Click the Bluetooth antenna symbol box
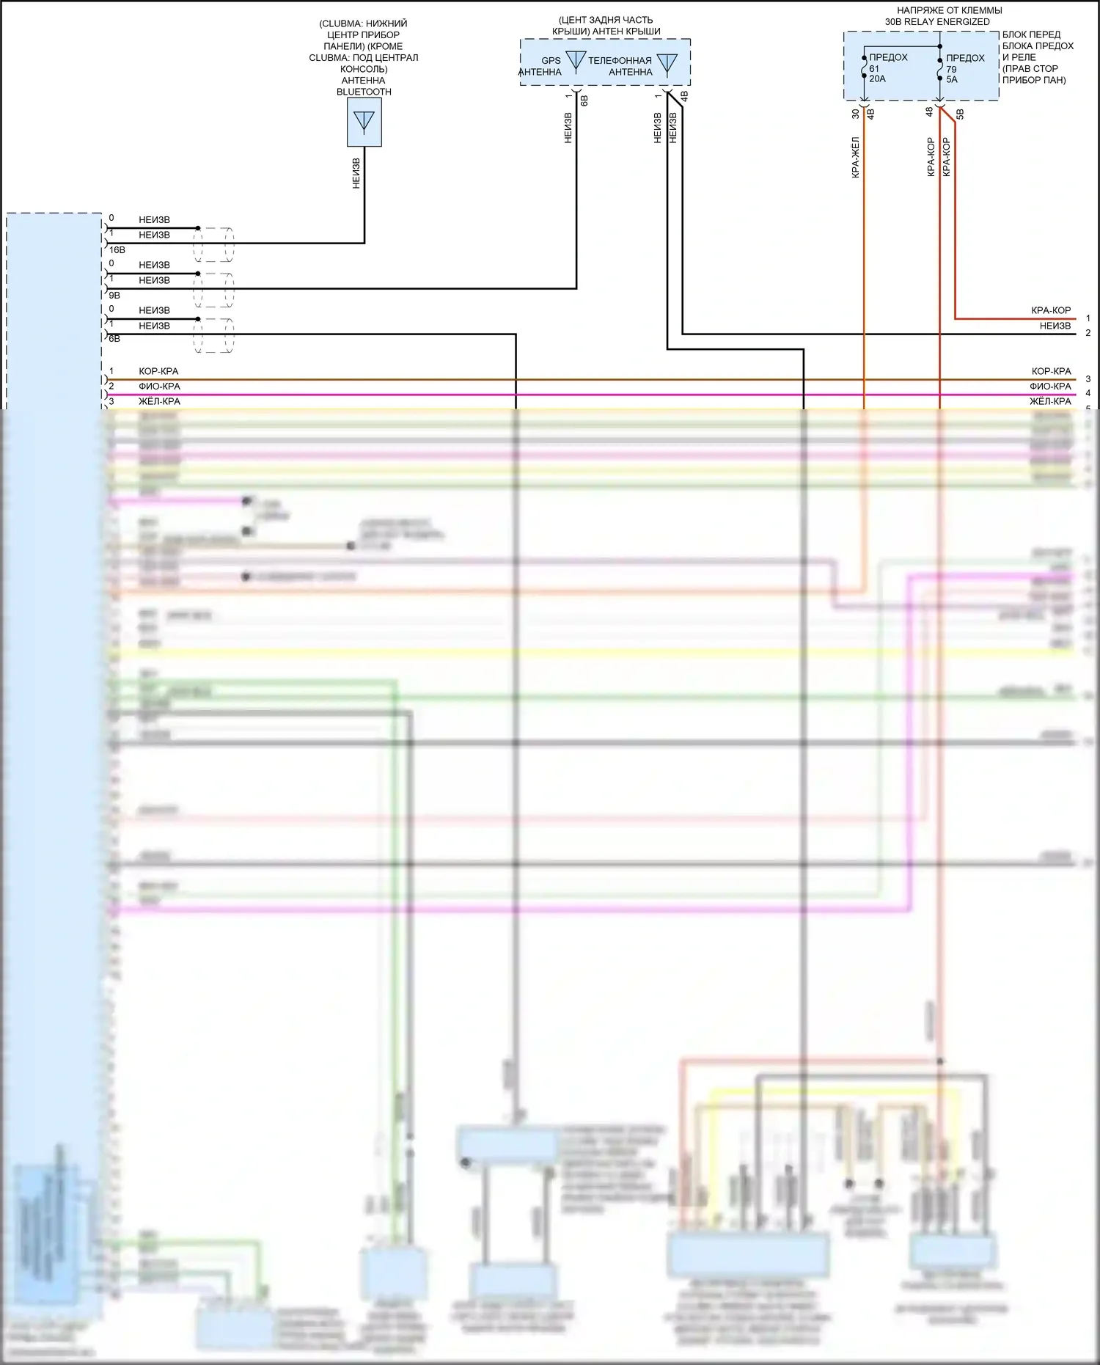tap(364, 122)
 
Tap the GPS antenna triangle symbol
tap(576, 60)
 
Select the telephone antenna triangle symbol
tap(667, 63)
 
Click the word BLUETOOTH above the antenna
tap(364, 92)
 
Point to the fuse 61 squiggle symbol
tap(864, 70)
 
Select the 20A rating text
tap(877, 79)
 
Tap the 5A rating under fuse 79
tap(952, 80)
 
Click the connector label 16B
tap(117, 250)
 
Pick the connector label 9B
tap(114, 296)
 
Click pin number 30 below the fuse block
tap(856, 114)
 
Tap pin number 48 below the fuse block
tap(930, 112)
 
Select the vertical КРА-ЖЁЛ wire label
tap(855, 158)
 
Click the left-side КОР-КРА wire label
tap(158, 371)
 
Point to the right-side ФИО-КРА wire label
tap(1050, 387)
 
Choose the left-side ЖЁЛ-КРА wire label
tap(159, 402)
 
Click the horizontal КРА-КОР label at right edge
tap(1051, 310)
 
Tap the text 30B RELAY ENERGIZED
tap(937, 22)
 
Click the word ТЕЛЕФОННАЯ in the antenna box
tap(620, 61)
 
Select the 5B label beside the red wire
tap(960, 114)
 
